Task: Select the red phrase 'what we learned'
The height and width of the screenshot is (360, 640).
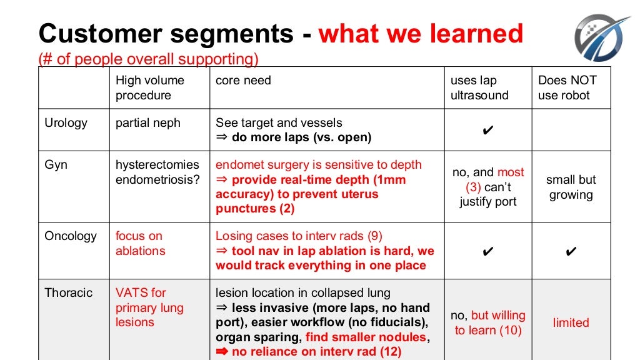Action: tap(421, 33)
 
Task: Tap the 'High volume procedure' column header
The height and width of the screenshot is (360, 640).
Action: tap(150, 87)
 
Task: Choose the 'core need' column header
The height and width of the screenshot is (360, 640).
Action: tap(243, 81)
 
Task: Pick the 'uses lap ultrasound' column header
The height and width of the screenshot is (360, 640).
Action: tap(479, 87)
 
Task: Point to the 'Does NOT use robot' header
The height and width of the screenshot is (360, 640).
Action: tap(567, 87)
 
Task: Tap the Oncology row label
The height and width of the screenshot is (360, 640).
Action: tap(71, 236)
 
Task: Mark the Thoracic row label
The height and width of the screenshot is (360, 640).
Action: tap(68, 292)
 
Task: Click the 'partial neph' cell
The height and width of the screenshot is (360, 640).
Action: tap(147, 123)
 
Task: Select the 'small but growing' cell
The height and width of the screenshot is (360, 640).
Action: tap(571, 187)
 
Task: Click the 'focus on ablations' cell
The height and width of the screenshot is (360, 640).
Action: tap(140, 244)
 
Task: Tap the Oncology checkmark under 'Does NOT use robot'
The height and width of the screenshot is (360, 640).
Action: tap(571, 251)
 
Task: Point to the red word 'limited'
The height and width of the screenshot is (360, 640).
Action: tap(571, 323)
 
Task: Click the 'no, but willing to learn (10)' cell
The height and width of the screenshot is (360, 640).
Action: tap(488, 323)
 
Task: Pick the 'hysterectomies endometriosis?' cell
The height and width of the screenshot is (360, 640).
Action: tap(157, 172)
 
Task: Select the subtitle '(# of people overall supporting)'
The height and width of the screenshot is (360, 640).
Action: tap(148, 59)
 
